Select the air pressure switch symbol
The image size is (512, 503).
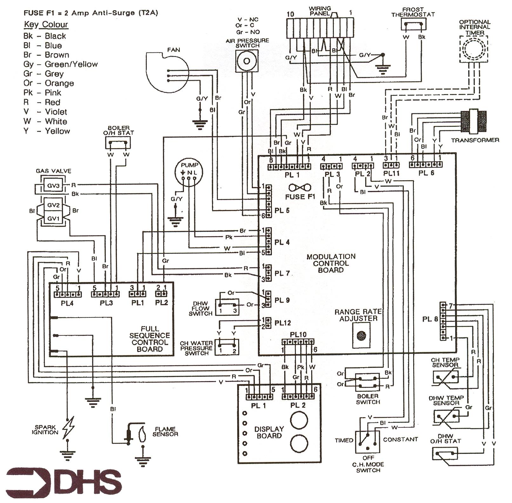pyautogui.click(x=246, y=61)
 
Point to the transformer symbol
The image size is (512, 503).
pyautogui.click(x=474, y=121)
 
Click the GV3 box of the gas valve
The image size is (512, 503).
pyautogui.click(x=53, y=185)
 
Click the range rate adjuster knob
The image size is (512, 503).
pyautogui.click(x=361, y=335)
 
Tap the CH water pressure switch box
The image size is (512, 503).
pyautogui.click(x=227, y=347)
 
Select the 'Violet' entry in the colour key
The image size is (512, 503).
pyautogui.click(x=56, y=112)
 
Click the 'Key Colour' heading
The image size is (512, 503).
pyautogui.click(x=46, y=25)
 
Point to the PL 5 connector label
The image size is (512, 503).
pyautogui.click(x=282, y=210)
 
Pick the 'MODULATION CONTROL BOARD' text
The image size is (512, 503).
pyautogui.click(x=331, y=263)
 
